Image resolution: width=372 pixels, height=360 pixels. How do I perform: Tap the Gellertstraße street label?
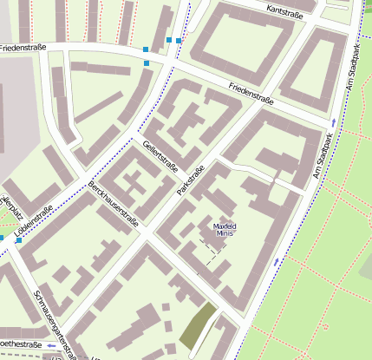coord(160,155)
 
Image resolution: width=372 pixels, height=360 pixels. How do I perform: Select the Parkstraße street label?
coord(190,180)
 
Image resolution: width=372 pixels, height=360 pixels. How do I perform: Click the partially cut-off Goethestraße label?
coord(21,344)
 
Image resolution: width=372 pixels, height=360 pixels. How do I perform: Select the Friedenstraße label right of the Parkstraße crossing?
coord(251,95)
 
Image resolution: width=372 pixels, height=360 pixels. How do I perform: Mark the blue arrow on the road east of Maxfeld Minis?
coord(277,260)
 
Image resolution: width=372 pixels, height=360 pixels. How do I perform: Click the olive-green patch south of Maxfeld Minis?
coord(198,326)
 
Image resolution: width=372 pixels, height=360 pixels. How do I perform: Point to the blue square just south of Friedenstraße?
coord(147,62)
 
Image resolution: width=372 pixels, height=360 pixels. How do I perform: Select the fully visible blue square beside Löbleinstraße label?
coord(18,240)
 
